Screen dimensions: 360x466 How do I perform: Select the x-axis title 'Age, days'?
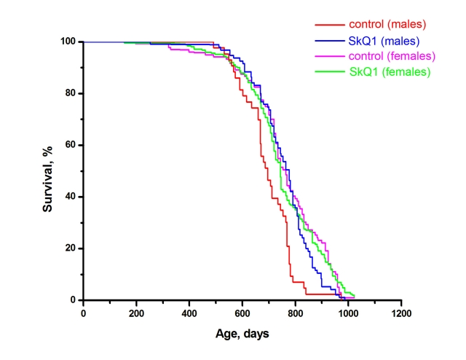point(242,334)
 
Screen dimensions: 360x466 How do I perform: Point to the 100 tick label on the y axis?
point(69,42)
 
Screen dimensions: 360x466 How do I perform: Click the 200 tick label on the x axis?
point(136,313)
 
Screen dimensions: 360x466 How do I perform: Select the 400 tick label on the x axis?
point(189,313)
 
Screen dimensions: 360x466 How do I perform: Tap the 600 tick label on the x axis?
point(242,313)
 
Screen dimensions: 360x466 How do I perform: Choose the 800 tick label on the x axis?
point(295,313)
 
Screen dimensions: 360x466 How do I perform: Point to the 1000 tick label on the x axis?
point(348,313)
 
